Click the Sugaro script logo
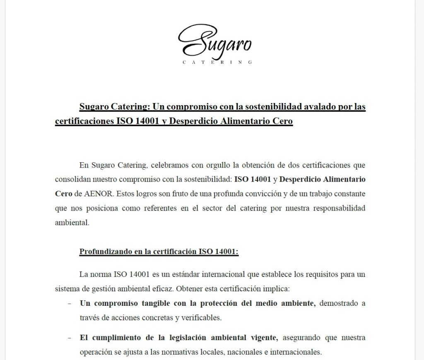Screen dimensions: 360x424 point(214,41)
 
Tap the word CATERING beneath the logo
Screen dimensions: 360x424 point(217,62)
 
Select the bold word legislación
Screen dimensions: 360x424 point(185,338)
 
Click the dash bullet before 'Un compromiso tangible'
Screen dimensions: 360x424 point(70,303)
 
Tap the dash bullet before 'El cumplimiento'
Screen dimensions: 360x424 point(70,338)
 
